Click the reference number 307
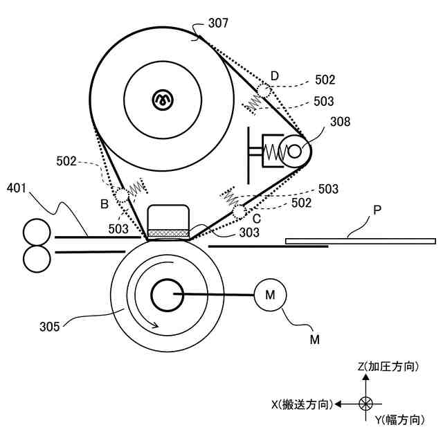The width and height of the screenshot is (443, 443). point(217,24)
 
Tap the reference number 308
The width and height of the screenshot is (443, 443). point(340,122)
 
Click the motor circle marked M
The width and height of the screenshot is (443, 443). point(270,296)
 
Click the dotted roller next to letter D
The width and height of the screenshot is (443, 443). point(264,91)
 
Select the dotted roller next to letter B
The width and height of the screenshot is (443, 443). point(122,196)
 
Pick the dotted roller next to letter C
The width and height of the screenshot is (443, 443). point(239,211)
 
